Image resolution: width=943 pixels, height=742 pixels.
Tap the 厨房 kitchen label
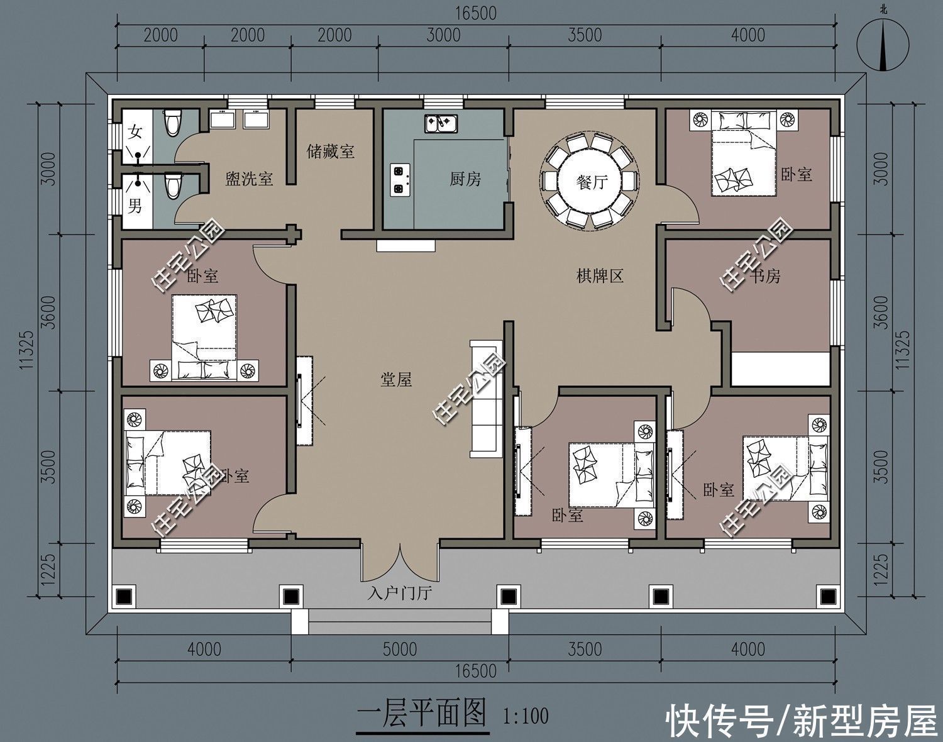tap(465, 180)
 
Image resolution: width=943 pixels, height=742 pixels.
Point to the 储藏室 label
tap(331, 152)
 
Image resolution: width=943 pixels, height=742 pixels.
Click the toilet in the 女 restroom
tap(172, 121)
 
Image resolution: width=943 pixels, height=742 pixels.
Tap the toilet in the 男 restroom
tap(172, 186)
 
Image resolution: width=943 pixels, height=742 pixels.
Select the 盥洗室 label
tap(249, 180)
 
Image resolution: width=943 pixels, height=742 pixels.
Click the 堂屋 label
tap(396, 379)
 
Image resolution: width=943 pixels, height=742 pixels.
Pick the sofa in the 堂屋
tap(486, 399)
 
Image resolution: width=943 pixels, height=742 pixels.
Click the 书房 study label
tap(764, 275)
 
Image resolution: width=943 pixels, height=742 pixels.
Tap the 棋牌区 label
tap(600, 275)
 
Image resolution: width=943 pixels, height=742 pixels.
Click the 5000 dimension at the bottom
tap(400, 648)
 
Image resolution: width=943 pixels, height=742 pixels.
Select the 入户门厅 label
tap(400, 593)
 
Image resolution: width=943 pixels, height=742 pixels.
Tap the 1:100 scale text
tap(526, 716)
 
